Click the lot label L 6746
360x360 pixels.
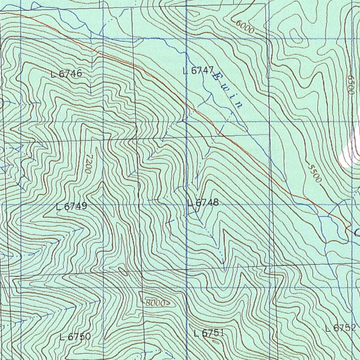66,74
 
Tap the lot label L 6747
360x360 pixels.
198,70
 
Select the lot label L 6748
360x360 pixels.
203,203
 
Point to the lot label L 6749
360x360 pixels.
71,207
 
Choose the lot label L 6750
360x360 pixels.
75,337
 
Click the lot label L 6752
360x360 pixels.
340,329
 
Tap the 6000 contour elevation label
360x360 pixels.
245,27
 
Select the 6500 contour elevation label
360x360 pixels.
350,84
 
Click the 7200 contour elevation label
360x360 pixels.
88,163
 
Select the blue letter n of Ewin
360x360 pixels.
239,105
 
